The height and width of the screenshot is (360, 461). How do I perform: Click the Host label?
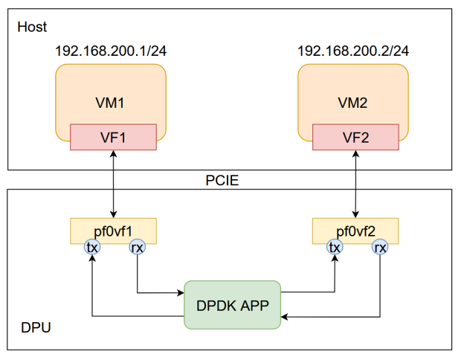31,28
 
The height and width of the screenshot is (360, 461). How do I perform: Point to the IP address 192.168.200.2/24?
352,51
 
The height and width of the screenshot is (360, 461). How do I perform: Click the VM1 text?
110,103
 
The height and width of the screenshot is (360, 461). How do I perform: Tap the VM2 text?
352,103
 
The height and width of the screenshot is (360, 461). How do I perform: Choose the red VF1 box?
113,137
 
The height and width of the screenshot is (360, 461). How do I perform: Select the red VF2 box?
355,137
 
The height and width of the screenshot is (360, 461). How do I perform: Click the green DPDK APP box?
232,304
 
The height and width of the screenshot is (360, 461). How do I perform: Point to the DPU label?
33,328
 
